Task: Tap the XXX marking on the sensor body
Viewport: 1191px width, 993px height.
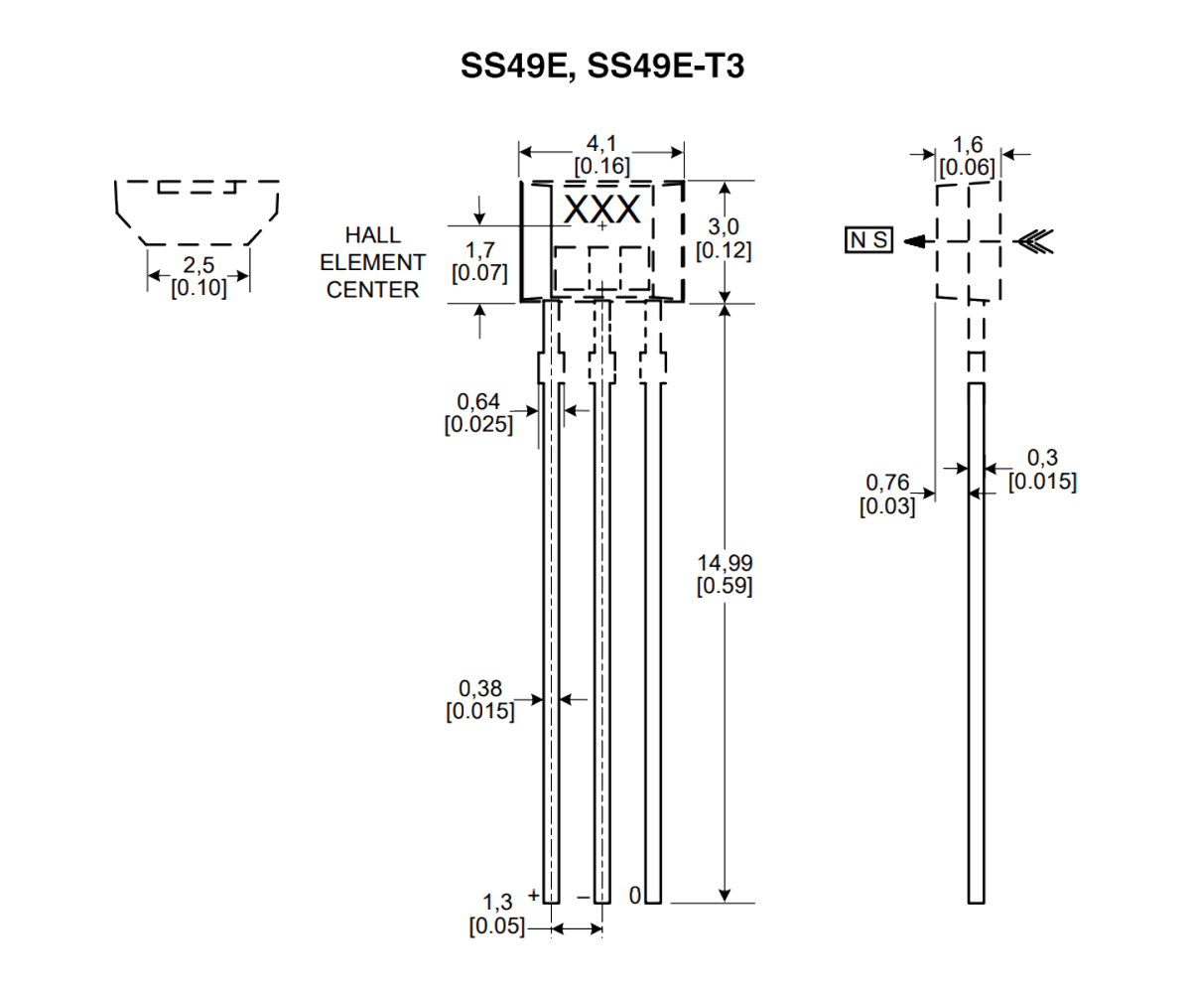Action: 602,210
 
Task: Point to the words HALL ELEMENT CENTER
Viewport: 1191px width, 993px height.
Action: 372,262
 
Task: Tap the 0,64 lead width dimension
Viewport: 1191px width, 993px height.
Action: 478,402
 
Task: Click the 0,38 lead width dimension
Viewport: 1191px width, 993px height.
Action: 479,688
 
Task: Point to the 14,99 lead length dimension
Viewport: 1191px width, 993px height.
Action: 725,563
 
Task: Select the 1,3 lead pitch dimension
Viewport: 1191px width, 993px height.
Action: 498,903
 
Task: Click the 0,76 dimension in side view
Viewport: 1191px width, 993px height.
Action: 886,483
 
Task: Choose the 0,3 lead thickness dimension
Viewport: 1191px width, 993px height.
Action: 1042,459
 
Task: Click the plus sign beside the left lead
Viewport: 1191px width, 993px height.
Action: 534,895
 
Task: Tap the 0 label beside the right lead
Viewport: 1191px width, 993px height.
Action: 635,896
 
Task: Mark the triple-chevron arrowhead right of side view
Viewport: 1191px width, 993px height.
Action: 1033,240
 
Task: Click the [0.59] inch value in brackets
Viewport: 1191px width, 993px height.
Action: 725,586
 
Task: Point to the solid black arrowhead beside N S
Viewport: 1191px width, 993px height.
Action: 919,240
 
